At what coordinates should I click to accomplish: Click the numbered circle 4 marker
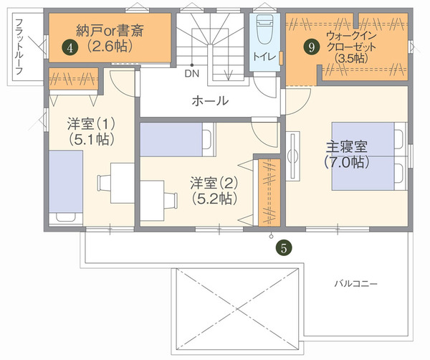[70, 48]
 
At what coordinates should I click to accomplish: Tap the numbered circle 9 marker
[312, 47]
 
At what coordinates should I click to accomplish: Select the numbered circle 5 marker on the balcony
[284, 247]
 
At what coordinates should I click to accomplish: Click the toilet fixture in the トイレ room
[264, 29]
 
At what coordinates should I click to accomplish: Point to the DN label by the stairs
[191, 74]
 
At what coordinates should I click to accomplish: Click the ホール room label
[210, 101]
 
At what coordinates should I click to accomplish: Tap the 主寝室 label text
[347, 147]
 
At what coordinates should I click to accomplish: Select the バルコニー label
[355, 283]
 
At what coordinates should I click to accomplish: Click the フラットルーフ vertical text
[19, 47]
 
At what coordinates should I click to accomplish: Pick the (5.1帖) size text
[92, 139]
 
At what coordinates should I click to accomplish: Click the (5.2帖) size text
[214, 199]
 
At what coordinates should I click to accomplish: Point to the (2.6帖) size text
[110, 46]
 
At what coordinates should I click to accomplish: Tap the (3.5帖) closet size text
[351, 58]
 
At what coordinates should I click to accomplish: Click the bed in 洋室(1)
[66, 188]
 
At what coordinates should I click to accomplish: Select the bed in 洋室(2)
[177, 139]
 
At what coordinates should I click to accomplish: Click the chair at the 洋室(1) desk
[104, 184]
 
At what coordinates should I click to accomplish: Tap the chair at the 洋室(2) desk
[171, 201]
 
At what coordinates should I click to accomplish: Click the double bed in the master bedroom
[368, 156]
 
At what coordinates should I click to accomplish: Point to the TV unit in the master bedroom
[293, 156]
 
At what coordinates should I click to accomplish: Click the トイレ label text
[264, 57]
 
